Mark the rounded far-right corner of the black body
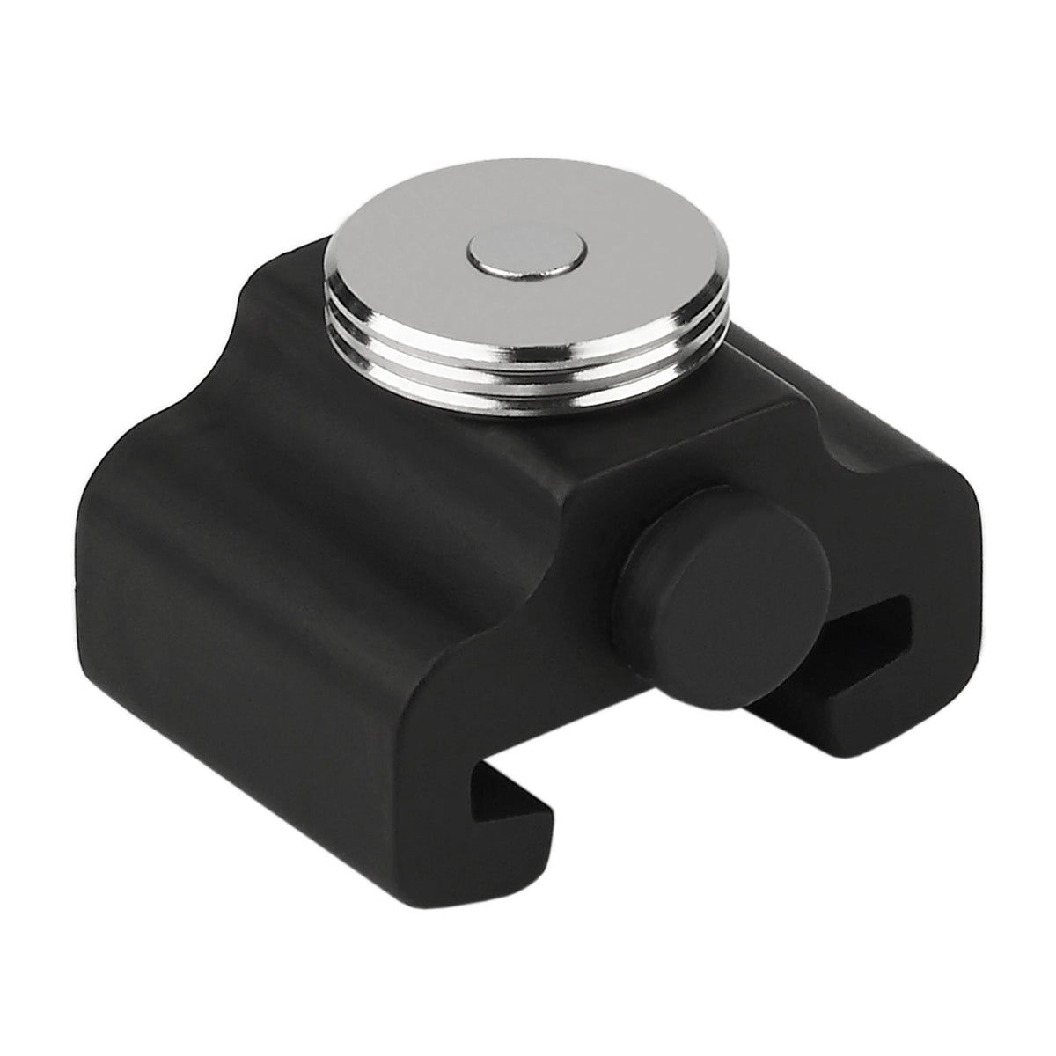pos(968,510)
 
